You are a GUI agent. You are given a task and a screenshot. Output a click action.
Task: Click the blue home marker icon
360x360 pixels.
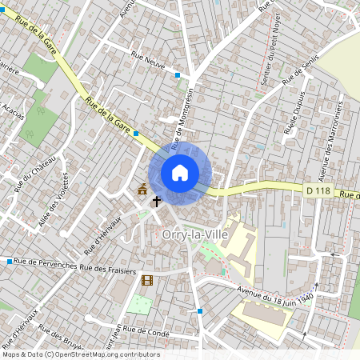180,173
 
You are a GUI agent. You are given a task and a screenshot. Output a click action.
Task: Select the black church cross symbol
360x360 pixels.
157,201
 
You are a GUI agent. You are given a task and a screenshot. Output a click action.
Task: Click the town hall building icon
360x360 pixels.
142,189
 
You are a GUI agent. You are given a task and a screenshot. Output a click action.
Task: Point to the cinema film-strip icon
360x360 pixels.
147,280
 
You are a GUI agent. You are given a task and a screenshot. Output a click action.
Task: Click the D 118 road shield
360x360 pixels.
318,190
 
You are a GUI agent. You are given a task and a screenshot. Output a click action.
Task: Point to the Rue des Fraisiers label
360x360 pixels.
111,268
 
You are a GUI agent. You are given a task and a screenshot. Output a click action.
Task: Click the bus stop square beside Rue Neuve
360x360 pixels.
178,75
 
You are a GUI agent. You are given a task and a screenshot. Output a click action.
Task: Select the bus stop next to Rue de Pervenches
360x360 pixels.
10,262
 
